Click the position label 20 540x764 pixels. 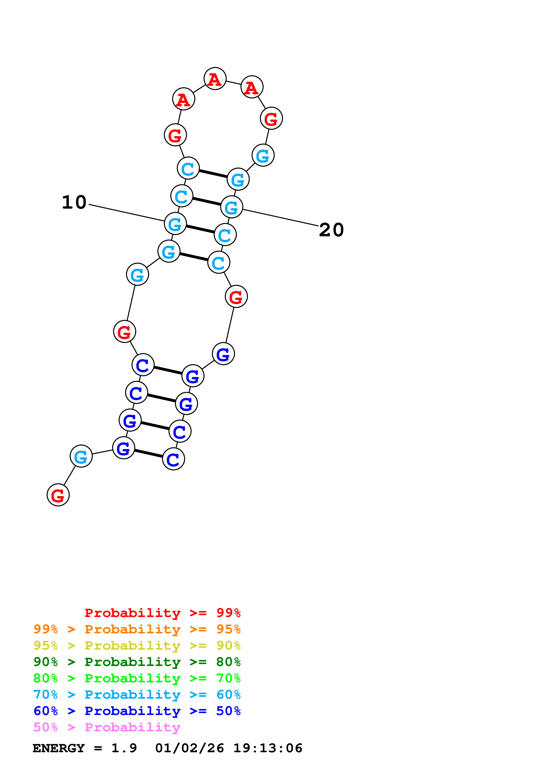[331, 230]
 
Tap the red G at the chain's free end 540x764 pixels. [58, 495]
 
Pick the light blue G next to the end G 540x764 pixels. [81, 456]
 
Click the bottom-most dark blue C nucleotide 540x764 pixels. [173, 459]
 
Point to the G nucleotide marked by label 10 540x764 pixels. [175, 224]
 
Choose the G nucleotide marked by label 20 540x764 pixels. [232, 207]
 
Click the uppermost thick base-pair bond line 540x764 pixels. [213, 174]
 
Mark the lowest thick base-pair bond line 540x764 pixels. [148, 453]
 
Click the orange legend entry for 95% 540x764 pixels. [137, 629]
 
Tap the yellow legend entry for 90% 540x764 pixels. [137, 646]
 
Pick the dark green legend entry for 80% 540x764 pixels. [137, 662]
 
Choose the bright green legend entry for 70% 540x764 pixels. [137, 678]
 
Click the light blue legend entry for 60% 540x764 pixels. [137, 695]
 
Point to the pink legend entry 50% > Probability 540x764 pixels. [107, 727]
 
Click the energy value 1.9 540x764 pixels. [124, 748]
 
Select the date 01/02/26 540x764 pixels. [189, 748]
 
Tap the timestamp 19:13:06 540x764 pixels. [268, 748]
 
